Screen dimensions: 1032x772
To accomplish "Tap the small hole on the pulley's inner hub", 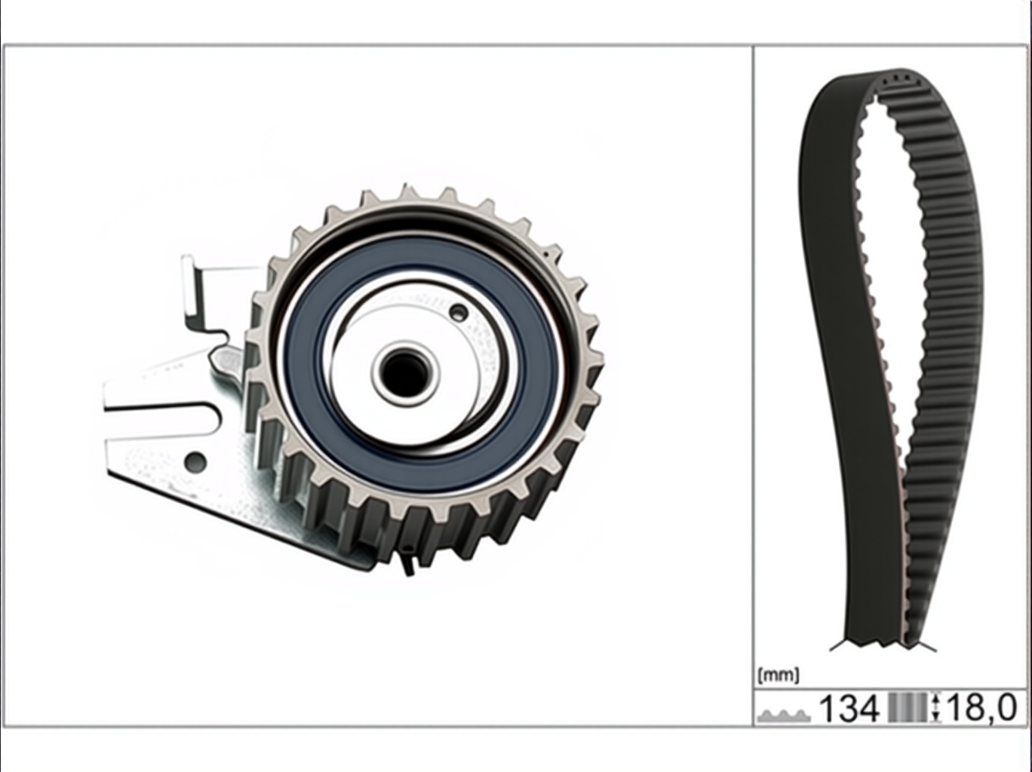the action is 458,311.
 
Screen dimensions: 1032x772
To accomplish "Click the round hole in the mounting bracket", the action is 196,461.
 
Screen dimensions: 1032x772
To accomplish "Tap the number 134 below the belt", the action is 849,708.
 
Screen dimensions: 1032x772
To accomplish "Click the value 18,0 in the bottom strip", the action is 981,708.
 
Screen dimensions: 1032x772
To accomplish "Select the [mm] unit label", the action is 778,675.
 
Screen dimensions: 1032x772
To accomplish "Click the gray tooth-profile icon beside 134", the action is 785,715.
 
